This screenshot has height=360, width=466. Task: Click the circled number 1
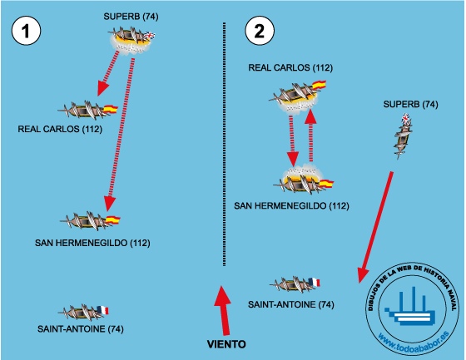click(x=26, y=31)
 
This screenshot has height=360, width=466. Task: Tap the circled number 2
click(x=260, y=31)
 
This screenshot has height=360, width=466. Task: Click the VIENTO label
click(x=226, y=344)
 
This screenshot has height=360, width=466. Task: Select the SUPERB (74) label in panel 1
click(x=131, y=17)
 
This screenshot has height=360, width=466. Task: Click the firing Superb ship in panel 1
click(x=131, y=40)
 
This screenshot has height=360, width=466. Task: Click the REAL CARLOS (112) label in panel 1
click(x=60, y=129)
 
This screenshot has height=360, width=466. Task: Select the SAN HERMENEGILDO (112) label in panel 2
click(x=291, y=205)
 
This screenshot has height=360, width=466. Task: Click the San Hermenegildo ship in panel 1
click(x=90, y=221)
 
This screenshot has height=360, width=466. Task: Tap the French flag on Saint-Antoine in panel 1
click(x=103, y=310)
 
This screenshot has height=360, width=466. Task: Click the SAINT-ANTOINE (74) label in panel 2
click(x=291, y=304)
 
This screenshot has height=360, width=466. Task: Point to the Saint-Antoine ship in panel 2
click(x=295, y=284)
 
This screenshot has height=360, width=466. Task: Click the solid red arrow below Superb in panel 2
click(x=375, y=227)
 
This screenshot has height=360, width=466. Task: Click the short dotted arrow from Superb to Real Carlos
click(x=108, y=73)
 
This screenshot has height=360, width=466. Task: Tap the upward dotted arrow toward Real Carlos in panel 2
click(x=311, y=136)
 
